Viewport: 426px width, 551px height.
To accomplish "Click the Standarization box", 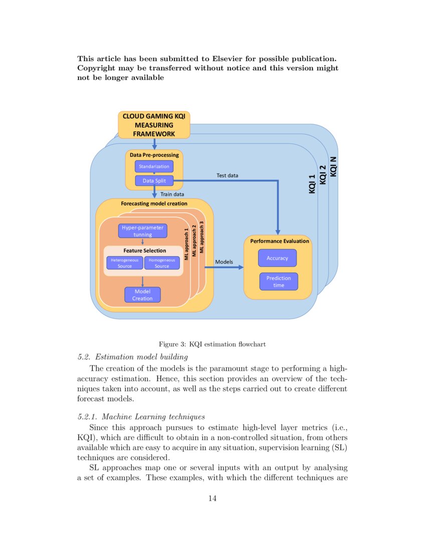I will [x=154, y=166].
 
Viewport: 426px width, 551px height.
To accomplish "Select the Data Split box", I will [x=154, y=181].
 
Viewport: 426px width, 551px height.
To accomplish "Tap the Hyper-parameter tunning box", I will [x=143, y=231].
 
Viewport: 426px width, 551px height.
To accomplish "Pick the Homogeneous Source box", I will [x=162, y=263].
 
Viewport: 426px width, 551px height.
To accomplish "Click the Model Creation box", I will [x=142, y=295].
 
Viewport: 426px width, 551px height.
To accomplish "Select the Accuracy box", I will [x=277, y=258].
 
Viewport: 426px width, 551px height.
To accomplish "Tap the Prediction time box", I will [x=279, y=282].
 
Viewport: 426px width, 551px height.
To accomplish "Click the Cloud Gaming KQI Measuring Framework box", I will [x=154, y=125].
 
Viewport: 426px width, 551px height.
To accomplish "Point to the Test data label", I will [x=227, y=175].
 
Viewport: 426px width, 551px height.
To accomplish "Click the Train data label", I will [x=172, y=194].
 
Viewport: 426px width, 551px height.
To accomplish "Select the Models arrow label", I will [x=224, y=261].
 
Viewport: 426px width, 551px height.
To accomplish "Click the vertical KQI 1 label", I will [x=312, y=184].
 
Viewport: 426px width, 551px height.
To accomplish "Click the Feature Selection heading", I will [x=144, y=250].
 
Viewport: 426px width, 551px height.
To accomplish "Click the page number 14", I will [x=212, y=498].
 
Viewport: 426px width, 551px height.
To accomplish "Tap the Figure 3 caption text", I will [x=212, y=344].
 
